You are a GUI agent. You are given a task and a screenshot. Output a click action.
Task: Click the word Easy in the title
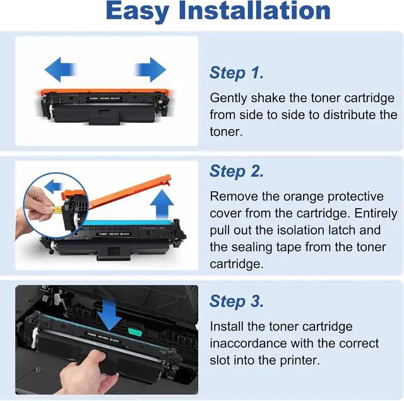pyautogui.click(x=138, y=11)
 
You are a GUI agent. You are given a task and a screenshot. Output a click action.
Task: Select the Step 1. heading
pyautogui.click(x=237, y=73)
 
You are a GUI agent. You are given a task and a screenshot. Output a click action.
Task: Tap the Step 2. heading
pyautogui.click(x=237, y=171)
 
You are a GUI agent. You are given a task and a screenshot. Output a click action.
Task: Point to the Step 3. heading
pyautogui.click(x=237, y=301)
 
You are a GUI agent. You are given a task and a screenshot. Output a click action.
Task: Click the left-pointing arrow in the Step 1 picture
pyautogui.click(x=61, y=69)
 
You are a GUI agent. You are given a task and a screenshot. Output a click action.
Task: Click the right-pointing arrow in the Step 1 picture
pyautogui.click(x=150, y=69)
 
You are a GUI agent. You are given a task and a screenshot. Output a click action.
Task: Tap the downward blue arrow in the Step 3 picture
pyautogui.click(x=109, y=315)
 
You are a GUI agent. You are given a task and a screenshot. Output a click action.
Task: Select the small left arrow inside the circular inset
pyautogui.click(x=53, y=187)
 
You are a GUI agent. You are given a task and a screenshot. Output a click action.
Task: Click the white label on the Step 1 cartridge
pyautogui.click(x=104, y=98)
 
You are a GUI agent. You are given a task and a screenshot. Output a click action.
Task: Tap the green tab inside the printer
pyautogui.click(x=135, y=332)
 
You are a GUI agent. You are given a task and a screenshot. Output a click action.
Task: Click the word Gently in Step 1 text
pyautogui.click(x=229, y=99)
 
